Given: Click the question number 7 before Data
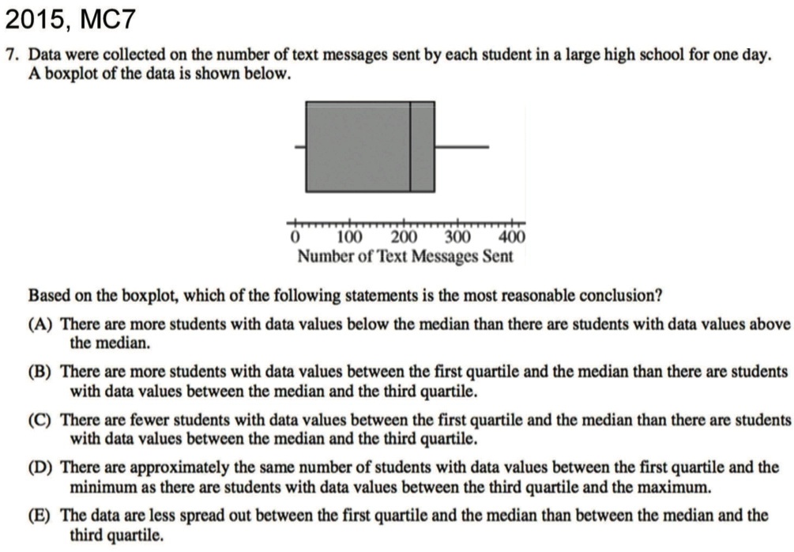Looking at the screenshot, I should point(10,55).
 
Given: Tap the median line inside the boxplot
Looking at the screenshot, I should point(410,146).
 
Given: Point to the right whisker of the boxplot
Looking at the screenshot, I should point(461,146).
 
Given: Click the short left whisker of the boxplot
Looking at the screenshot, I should point(300,146).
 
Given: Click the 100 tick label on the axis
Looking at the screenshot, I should point(348,236).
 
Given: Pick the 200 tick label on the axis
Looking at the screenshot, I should point(403,236).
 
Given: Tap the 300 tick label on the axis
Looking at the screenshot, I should point(457,236).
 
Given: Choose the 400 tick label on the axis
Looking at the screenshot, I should point(512,236).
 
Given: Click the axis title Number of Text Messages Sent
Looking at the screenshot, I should point(405,256).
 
